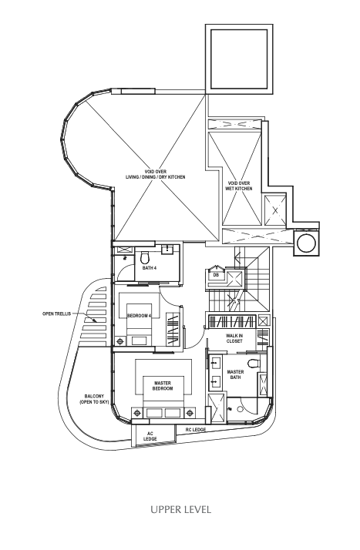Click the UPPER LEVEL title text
(x=180, y=509)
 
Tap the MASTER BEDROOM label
(x=163, y=386)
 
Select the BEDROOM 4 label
(x=139, y=316)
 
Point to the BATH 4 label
(x=149, y=268)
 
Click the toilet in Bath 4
(x=144, y=259)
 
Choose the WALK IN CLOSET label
(x=234, y=338)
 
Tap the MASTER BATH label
(x=235, y=374)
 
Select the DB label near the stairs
(x=216, y=275)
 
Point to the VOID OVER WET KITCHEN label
(x=239, y=186)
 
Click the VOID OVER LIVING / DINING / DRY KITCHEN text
(x=156, y=175)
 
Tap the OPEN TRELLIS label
(x=56, y=314)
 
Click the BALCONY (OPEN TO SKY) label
(x=94, y=399)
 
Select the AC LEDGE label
(x=150, y=436)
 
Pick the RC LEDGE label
(x=196, y=430)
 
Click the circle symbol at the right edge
(x=306, y=243)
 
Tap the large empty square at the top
(x=239, y=59)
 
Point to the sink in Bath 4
(x=167, y=250)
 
